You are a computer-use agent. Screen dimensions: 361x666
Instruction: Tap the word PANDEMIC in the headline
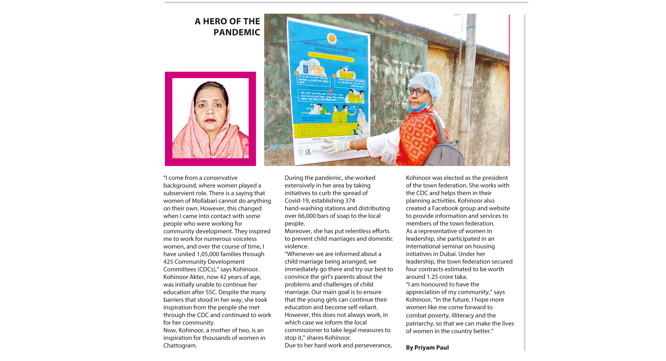coord(237,32)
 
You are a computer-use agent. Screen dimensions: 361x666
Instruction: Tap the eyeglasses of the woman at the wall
coord(416,92)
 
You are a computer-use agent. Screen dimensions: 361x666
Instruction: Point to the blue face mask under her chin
coord(419,106)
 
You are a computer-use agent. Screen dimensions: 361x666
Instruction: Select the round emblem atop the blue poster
coord(332,38)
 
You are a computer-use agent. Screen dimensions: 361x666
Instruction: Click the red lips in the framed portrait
coord(210,121)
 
